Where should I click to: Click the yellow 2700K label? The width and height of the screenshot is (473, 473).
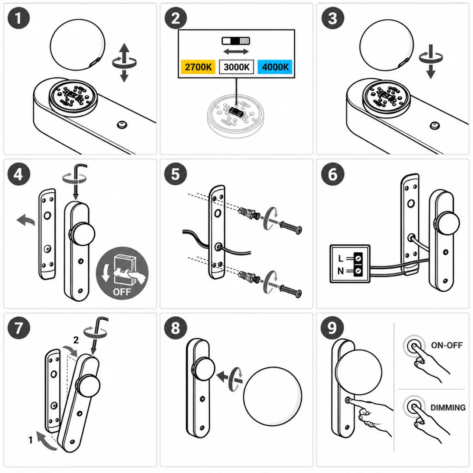(x=198, y=67)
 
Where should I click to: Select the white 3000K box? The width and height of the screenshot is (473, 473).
(x=236, y=67)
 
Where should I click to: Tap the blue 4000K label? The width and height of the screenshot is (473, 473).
(x=275, y=67)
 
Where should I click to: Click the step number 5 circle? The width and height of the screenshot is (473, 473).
(x=176, y=174)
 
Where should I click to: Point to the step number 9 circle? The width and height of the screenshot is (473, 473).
(x=332, y=328)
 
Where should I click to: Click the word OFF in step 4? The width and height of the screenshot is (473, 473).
(x=122, y=292)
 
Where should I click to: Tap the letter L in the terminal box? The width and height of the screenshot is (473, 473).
(x=341, y=258)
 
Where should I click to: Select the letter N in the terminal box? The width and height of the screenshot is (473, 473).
(x=341, y=271)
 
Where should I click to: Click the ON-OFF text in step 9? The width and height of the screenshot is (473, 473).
(x=447, y=345)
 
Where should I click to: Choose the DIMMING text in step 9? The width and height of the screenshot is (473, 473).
(x=448, y=408)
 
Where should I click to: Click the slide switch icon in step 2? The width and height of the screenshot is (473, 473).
(x=236, y=41)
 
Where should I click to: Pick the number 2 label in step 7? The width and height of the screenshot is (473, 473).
(x=76, y=340)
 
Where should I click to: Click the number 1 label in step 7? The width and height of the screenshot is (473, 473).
(x=31, y=440)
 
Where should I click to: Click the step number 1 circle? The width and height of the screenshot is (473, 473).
(x=19, y=18)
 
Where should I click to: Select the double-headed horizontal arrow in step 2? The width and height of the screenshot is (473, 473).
(x=236, y=52)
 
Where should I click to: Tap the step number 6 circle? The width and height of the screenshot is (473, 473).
(x=332, y=174)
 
